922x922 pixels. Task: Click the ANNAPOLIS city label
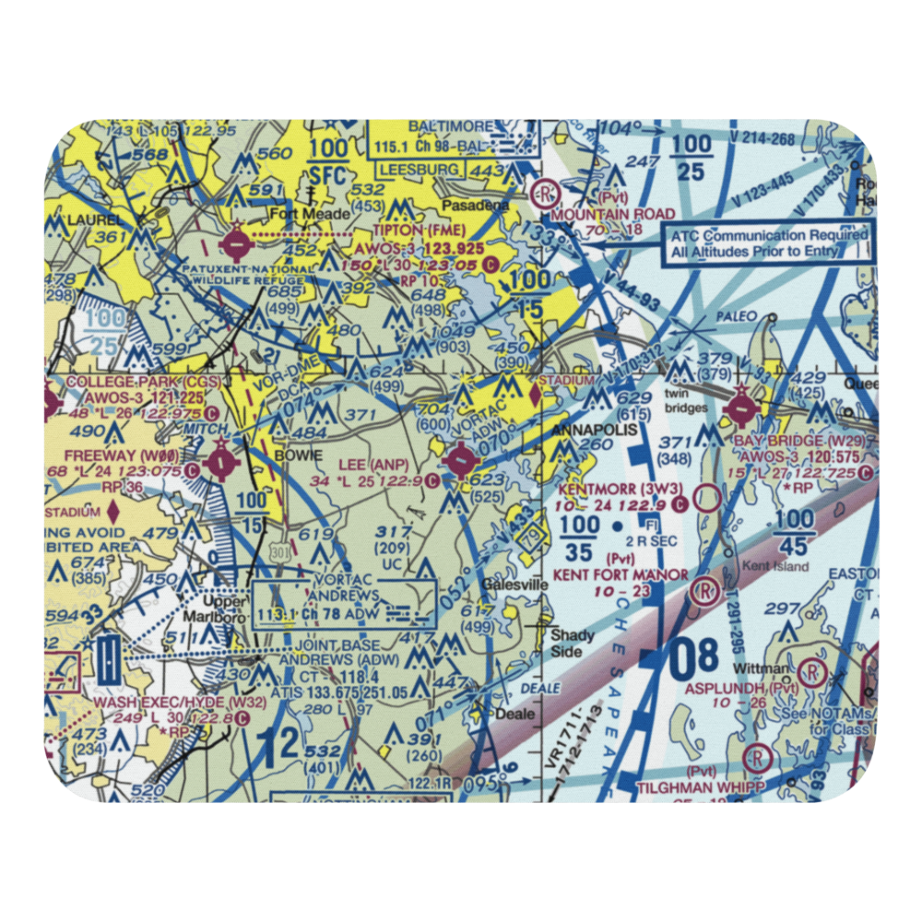590,430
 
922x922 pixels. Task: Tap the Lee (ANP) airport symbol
460,459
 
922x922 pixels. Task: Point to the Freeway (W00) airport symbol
221,461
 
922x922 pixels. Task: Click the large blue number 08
692,657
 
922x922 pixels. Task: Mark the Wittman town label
760,668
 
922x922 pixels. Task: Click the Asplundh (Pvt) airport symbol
811,670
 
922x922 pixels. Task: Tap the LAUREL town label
80,221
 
